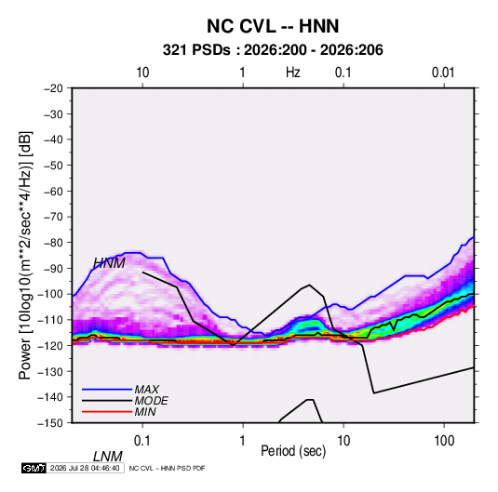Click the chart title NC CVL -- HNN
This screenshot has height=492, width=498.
tap(273, 26)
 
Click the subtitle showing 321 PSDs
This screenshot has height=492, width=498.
tap(273, 50)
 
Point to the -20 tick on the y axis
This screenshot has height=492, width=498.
tap(53, 88)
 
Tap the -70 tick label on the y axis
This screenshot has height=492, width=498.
tap(53, 217)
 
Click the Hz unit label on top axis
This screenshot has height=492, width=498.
tap(293, 73)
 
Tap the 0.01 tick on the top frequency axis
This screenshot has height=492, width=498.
tap(443, 73)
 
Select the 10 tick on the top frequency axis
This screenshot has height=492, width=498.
tap(142, 73)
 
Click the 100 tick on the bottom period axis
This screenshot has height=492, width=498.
tap(444, 440)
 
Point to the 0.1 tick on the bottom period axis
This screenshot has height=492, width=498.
tap(141, 440)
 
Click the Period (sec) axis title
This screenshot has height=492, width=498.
tap(293, 451)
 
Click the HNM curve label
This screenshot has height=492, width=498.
tap(109, 263)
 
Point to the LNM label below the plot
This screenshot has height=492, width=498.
tap(108, 457)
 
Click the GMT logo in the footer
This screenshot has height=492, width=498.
tap(34, 468)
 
